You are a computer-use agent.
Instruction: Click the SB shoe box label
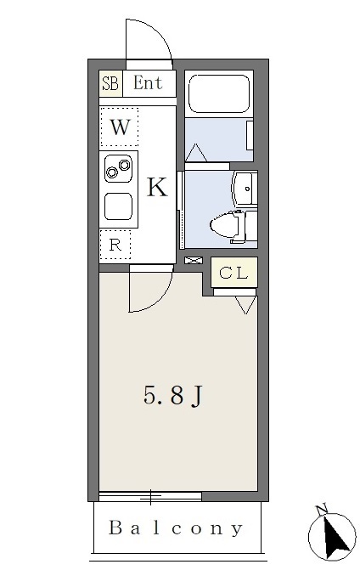110,83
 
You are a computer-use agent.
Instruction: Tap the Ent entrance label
148,83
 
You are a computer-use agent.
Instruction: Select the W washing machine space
120,127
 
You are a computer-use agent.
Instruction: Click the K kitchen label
157,187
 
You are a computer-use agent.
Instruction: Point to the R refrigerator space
115,245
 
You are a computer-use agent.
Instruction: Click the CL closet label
234,273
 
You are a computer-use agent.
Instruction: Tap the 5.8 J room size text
172,396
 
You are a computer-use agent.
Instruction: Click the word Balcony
176,528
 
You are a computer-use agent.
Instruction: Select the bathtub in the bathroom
219,93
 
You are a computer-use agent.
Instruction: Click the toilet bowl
225,226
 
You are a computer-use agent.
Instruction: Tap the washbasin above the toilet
245,189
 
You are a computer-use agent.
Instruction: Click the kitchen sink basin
118,206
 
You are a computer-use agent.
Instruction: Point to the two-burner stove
118,168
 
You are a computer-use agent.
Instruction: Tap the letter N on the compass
321,510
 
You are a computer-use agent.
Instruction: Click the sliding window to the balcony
150,497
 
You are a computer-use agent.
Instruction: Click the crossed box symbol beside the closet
194,260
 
